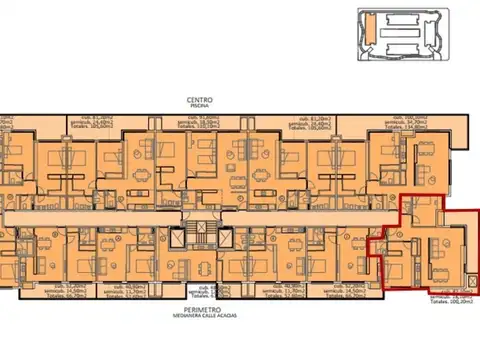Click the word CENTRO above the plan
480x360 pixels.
click(197, 100)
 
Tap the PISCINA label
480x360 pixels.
click(197, 107)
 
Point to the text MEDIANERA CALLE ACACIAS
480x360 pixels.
click(197, 319)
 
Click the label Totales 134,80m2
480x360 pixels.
click(421, 128)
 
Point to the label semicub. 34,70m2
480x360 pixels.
click(421, 122)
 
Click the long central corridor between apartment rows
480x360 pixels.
click(120, 216)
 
